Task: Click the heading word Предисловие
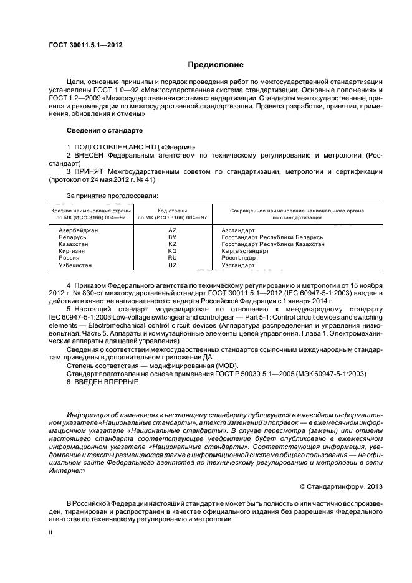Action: point(207,65)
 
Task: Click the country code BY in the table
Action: point(173,237)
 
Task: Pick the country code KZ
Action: point(173,244)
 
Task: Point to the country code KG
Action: point(173,251)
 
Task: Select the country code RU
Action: point(173,258)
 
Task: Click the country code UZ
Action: point(173,265)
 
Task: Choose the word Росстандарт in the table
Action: point(240,258)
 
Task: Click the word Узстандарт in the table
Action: point(238,265)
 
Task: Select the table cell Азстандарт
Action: point(238,230)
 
